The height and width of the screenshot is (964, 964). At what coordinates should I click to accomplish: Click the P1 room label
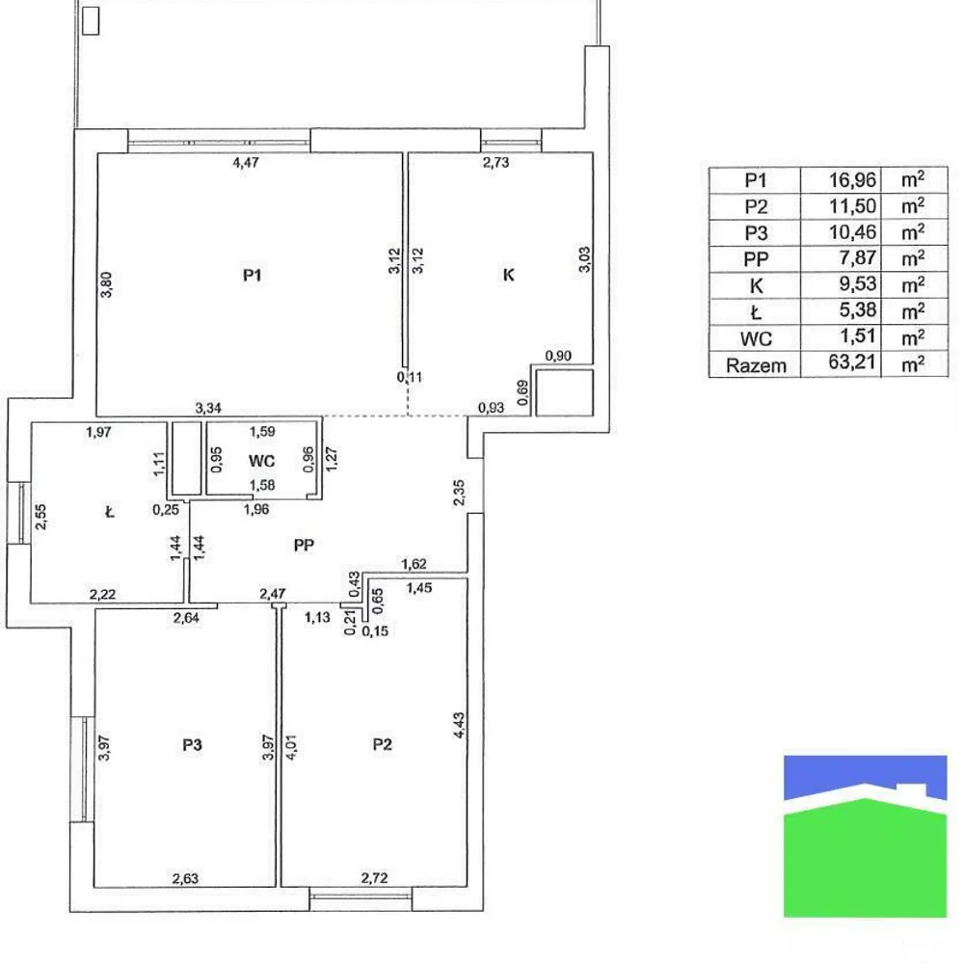(x=253, y=275)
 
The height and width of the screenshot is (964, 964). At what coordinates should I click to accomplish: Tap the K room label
(x=508, y=275)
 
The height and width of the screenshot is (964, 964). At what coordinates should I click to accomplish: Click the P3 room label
(x=192, y=744)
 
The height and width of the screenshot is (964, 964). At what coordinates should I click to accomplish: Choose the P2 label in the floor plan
(x=383, y=744)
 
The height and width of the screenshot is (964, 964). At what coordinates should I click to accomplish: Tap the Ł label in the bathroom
(x=110, y=513)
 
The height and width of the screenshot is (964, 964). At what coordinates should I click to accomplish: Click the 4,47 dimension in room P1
(x=248, y=162)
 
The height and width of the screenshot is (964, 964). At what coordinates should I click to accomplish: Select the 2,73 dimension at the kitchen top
(x=495, y=162)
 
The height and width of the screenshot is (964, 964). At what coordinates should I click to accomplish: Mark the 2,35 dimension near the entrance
(x=459, y=493)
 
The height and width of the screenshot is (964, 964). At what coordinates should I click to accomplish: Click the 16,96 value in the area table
(x=852, y=179)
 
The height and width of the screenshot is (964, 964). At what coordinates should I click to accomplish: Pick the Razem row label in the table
(x=757, y=365)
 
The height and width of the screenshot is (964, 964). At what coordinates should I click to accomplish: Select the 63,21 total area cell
(x=852, y=365)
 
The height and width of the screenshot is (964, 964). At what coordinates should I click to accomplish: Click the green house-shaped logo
(x=865, y=848)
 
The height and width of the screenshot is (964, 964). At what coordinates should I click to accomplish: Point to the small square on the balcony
(x=91, y=20)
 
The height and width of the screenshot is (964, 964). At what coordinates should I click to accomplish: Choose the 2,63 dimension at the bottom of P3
(x=187, y=877)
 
